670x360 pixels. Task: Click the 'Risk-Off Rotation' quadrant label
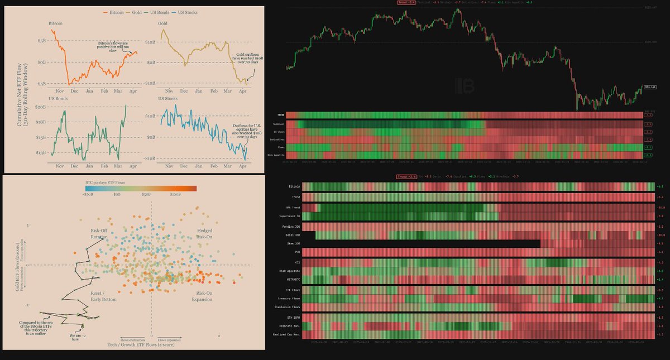96,234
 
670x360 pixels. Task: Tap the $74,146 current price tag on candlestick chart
650,87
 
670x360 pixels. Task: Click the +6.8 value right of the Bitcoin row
659,186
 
